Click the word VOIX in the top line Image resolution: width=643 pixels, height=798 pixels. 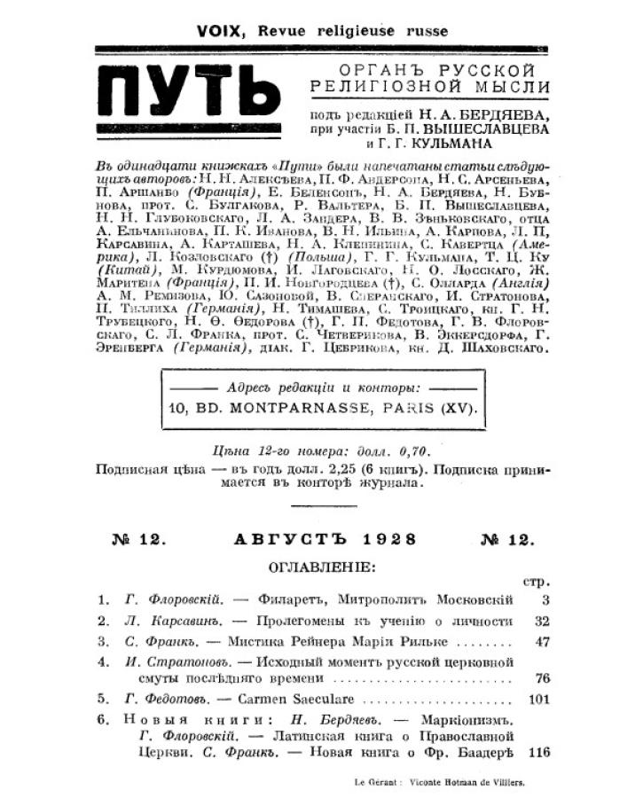[221, 31]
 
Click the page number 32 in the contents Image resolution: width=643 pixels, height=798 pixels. [541, 621]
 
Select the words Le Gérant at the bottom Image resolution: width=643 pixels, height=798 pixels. [373, 782]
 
